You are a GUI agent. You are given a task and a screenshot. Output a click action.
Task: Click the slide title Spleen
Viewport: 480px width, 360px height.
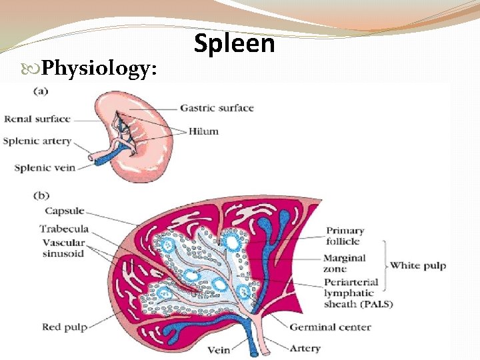tap(234, 43)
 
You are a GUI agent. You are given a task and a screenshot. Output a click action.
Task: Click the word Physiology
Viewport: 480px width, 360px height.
tap(99, 67)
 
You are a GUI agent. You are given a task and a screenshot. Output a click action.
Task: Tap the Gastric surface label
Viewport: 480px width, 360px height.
tap(217, 108)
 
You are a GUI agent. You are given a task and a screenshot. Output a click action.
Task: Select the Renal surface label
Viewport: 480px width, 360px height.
tap(37, 119)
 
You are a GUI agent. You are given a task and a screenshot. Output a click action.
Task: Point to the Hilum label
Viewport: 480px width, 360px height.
tap(203, 131)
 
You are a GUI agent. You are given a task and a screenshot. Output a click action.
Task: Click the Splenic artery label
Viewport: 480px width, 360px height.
tap(37, 141)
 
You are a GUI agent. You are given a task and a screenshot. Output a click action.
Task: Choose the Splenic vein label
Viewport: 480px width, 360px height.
tap(45, 167)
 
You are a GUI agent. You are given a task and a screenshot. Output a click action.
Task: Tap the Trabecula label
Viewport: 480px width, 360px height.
tap(65, 229)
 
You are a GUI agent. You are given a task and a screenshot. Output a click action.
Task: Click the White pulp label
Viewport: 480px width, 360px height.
tap(418, 266)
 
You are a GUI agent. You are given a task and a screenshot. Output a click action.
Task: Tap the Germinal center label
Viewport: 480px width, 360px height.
tap(330, 327)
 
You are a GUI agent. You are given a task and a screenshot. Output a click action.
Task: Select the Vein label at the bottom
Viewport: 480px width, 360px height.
tap(219, 349)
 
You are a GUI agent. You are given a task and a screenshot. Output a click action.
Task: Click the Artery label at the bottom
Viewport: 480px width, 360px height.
tap(305, 348)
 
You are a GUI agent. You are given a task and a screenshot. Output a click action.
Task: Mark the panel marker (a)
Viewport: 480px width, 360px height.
tap(39, 92)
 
